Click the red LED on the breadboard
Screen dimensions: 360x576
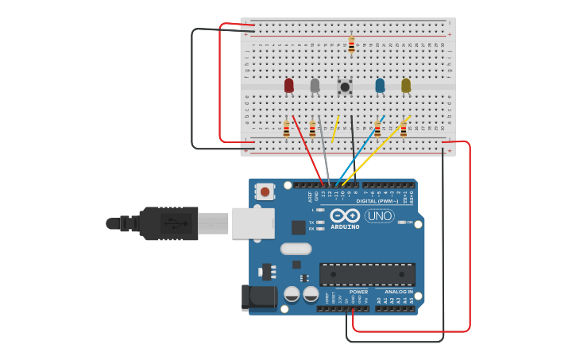point(288,85)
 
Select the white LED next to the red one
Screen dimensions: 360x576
point(315,85)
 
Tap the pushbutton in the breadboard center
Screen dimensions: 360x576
point(345,86)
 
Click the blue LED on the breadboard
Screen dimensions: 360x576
point(380,85)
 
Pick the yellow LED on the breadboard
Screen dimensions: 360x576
point(406,85)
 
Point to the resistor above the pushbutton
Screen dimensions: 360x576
point(351,45)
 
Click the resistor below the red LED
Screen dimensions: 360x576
point(286,129)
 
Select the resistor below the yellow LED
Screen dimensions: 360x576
point(403,129)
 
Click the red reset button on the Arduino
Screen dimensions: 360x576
point(265,191)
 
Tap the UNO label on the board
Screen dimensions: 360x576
point(379,215)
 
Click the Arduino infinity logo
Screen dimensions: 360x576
point(345,215)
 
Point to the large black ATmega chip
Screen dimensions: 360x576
point(367,274)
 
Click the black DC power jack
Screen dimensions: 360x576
point(257,297)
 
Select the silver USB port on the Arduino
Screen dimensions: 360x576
point(253,223)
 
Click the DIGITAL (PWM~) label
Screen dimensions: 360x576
point(378,201)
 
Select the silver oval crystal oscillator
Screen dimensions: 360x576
point(296,249)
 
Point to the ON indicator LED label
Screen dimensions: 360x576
point(410,223)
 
